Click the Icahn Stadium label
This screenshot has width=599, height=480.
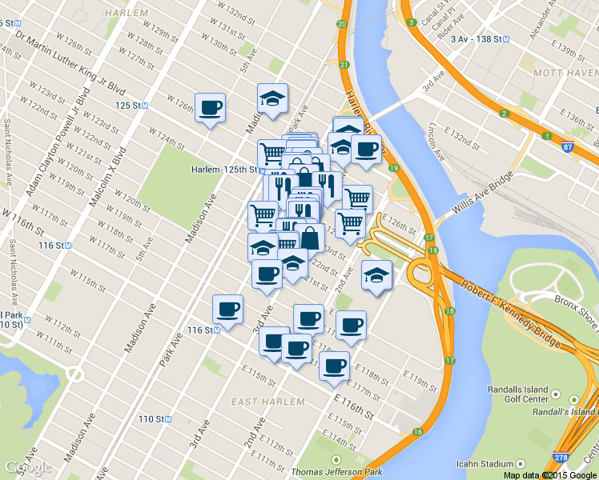coord(486,463)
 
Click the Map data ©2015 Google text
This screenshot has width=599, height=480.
coord(549,475)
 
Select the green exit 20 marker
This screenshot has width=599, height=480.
coord(342,25)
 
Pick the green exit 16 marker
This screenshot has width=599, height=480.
coord(417,432)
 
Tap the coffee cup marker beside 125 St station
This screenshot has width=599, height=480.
coord(210,108)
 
